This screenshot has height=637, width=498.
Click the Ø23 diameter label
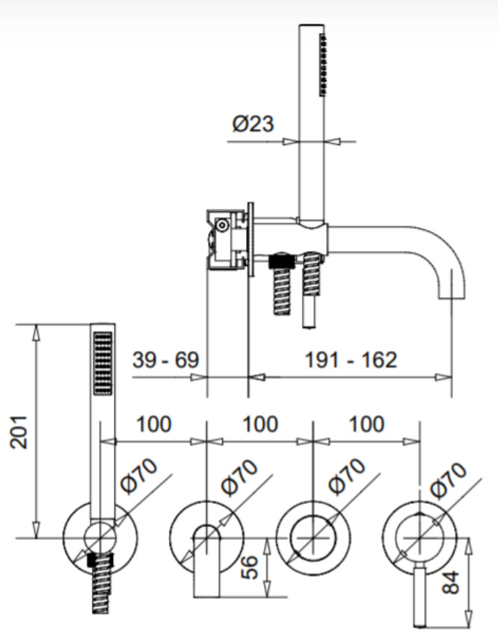click(x=253, y=123)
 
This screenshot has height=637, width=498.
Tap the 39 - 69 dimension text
click(x=165, y=359)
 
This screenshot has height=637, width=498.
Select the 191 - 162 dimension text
click(x=351, y=360)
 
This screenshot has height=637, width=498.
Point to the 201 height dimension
click(x=19, y=432)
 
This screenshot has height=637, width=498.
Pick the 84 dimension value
click(x=451, y=583)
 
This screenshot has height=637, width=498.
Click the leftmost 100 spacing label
click(x=154, y=424)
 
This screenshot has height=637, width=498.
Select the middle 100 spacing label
click(x=260, y=424)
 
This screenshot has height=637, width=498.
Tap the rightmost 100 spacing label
click(x=366, y=424)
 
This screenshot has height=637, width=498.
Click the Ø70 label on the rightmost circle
click(x=449, y=479)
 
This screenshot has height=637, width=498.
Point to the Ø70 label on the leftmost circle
click(x=139, y=476)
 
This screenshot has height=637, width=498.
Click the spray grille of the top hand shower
click(x=323, y=65)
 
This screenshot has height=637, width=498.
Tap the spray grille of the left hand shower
click(x=103, y=363)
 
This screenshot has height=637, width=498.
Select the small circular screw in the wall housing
click(x=222, y=225)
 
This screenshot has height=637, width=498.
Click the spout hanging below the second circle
click(x=207, y=562)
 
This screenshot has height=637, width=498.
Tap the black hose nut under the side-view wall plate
click(x=282, y=260)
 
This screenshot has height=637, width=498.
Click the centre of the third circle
click(x=313, y=538)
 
